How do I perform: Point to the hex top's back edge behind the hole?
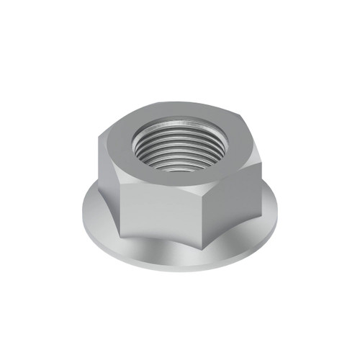coord(180,110)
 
